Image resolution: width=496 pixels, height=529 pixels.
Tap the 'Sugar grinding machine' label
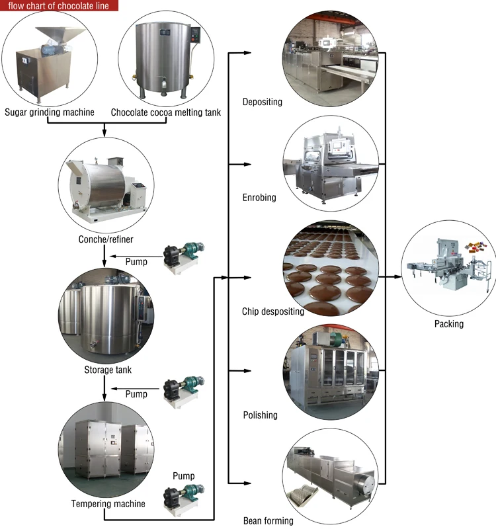pos(50,112)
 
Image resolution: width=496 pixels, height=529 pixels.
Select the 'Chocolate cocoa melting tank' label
pos(165,112)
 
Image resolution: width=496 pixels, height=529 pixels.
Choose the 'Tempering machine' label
pos(108,505)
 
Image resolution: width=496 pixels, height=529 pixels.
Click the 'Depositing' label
pos(263,102)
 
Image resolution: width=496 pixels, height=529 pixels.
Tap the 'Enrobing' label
pos(259,198)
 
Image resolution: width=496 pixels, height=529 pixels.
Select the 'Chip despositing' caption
pos(273,311)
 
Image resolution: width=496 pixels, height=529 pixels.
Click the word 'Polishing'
pos(260,415)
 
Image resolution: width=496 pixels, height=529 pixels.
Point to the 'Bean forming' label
pos(268,521)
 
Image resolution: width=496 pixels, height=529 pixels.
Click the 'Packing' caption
pos(449,324)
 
